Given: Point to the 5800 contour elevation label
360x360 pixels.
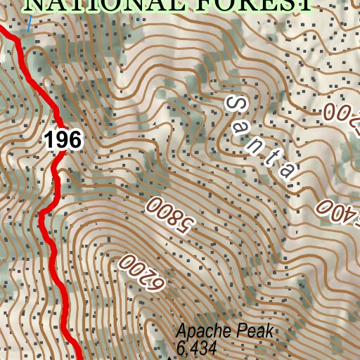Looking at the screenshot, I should click(x=169, y=216).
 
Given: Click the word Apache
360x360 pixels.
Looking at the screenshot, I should click(x=200, y=332).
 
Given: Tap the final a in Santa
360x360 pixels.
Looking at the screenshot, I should click(x=288, y=172).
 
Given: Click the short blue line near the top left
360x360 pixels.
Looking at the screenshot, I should click(x=30, y=25).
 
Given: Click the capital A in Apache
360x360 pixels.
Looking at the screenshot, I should click(x=181, y=332).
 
